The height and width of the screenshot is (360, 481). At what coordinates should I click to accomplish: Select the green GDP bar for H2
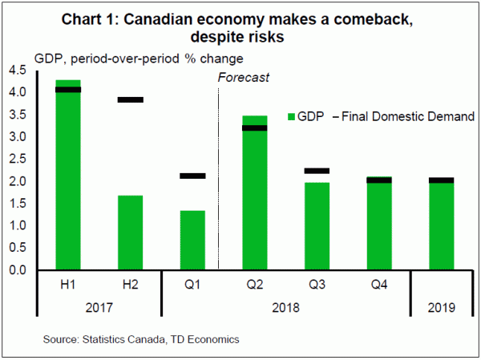(130, 233)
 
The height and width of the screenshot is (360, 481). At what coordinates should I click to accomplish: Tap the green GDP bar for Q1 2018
(192, 240)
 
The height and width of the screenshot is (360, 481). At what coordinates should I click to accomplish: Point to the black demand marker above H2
(130, 100)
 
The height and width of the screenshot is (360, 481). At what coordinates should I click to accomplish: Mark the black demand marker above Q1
(192, 176)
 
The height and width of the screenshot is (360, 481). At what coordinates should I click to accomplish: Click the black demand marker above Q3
(316, 171)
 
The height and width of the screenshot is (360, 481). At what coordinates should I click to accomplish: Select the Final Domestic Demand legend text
(407, 117)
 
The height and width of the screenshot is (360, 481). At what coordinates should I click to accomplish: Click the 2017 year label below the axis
(99, 308)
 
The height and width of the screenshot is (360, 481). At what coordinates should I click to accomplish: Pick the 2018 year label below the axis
(285, 308)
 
